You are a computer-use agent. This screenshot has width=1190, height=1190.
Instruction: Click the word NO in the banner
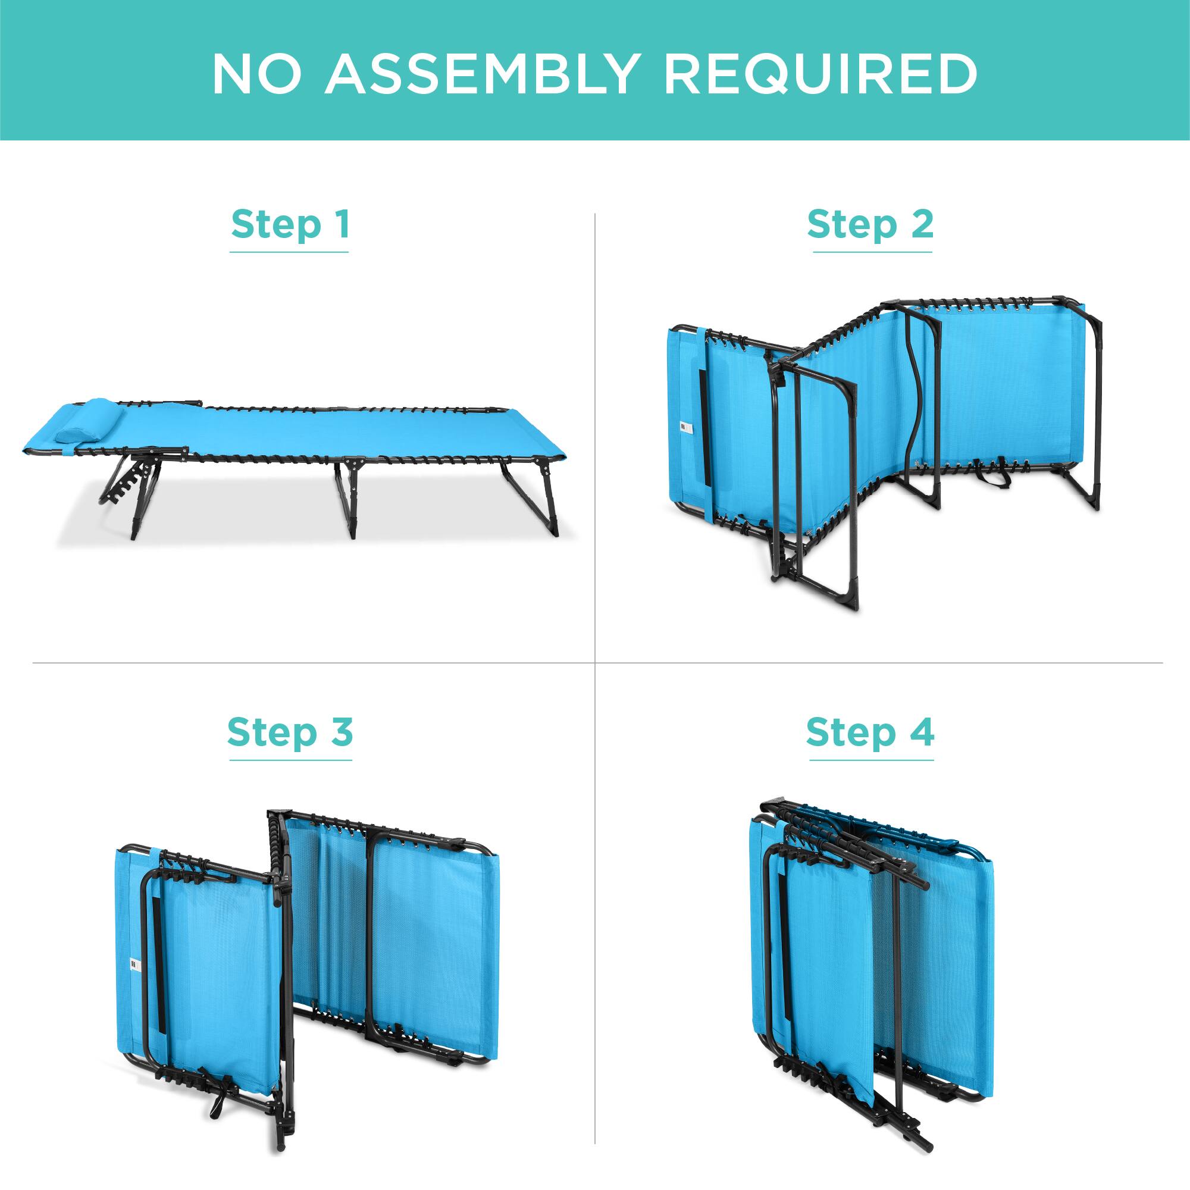257,74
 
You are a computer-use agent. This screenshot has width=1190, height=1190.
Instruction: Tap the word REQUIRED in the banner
821,74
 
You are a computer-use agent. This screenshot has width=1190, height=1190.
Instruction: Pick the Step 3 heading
290,732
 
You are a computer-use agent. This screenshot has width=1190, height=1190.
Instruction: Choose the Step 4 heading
870,732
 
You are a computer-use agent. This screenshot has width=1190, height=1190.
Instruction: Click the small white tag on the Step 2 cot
681,427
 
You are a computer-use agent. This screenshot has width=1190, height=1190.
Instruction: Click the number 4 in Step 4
921,732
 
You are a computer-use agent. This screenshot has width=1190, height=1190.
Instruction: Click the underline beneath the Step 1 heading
289,252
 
